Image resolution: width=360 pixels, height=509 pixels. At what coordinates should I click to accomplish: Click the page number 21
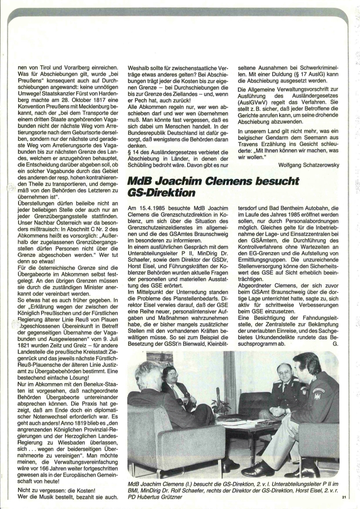coord(344,497)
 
